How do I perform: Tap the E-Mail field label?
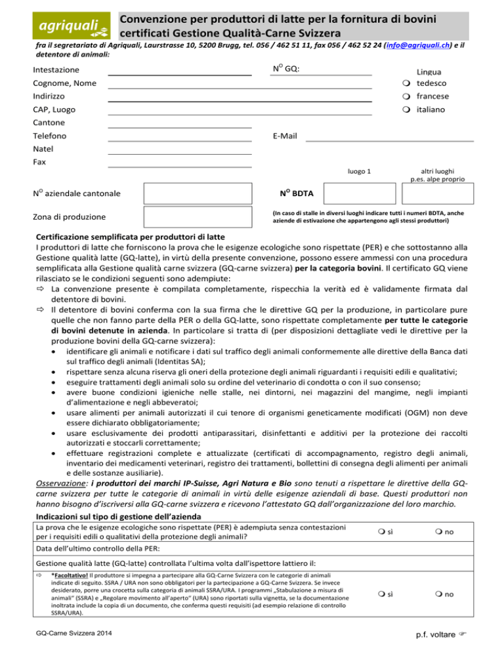tap(284, 136)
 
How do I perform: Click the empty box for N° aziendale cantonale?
tap(198, 194)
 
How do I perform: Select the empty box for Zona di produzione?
tap(198, 218)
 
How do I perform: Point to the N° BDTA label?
tap(296, 194)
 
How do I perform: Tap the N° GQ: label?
tap(286, 69)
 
